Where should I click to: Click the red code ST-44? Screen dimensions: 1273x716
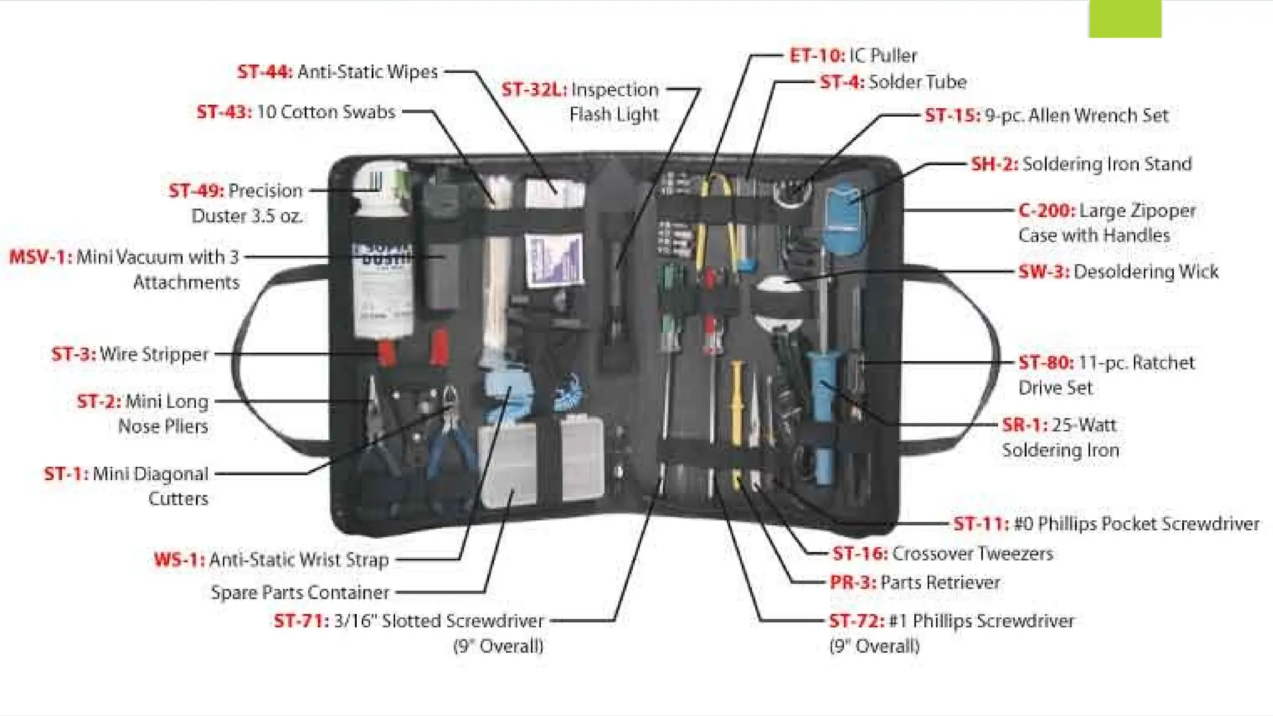coord(264,72)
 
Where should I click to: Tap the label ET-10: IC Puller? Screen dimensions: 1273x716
coord(853,56)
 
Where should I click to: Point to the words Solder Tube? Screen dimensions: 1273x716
coord(917,82)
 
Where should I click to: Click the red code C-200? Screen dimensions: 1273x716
coord(1047,211)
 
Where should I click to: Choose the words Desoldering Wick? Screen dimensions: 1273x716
coord(1146,272)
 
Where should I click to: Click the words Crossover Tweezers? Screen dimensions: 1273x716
coord(972,553)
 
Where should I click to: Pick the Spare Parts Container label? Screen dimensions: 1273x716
coord(300,592)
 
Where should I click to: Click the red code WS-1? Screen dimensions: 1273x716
coord(179,559)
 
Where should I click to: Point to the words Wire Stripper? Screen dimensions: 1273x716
coord(154,354)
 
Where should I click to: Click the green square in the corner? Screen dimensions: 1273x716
coord(1124,19)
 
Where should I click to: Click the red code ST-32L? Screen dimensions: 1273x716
coord(534,90)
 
